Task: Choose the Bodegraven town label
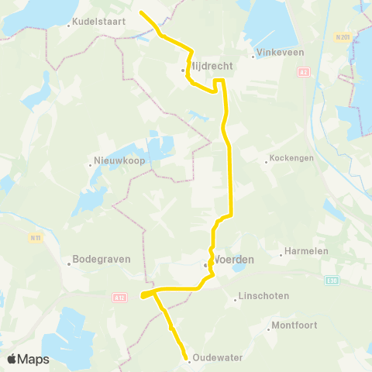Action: (x=101, y=260)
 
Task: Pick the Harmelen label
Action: (x=305, y=251)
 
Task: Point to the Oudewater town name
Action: (x=218, y=357)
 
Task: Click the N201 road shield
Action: (x=343, y=36)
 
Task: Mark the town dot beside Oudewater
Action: (x=189, y=359)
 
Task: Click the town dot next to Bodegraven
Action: (x=69, y=263)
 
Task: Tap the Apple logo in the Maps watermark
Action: (x=12, y=359)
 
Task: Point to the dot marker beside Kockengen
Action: (x=266, y=162)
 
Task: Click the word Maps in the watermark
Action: (x=34, y=360)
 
